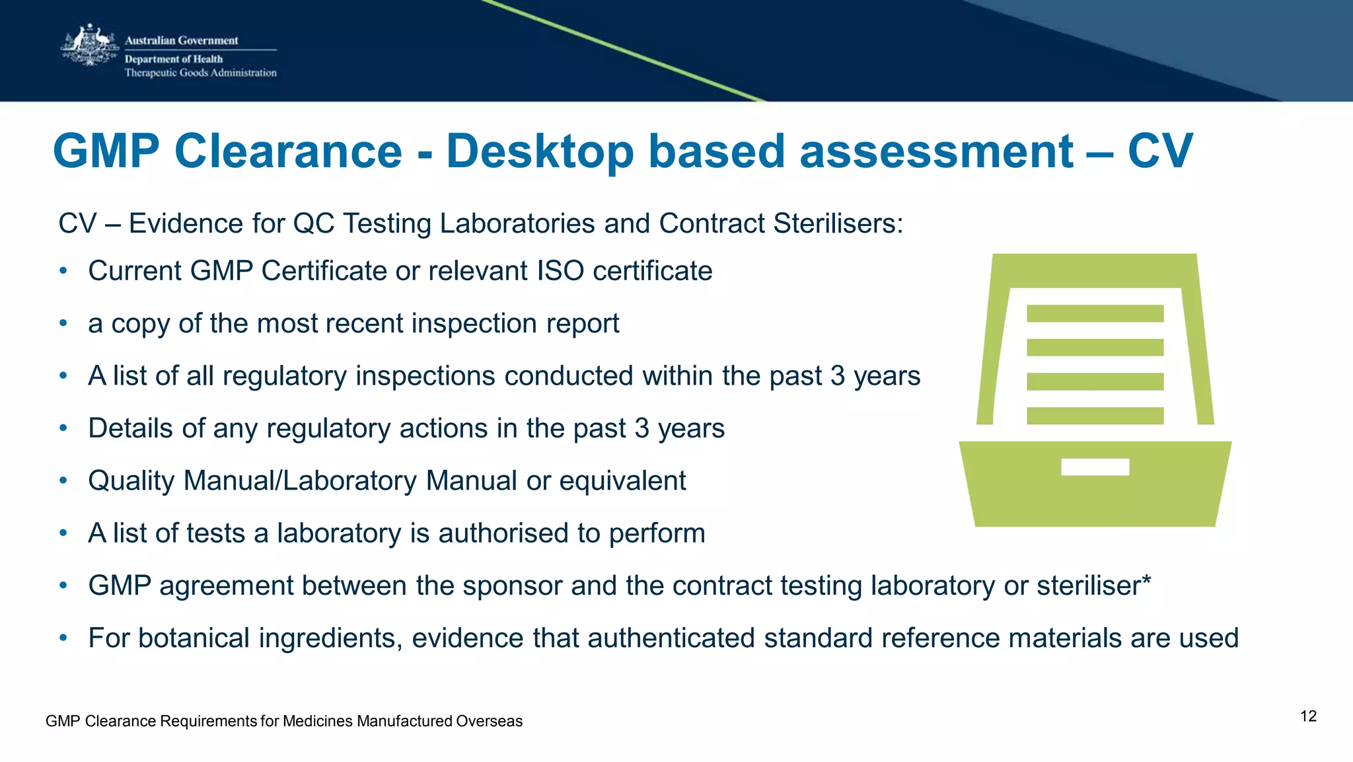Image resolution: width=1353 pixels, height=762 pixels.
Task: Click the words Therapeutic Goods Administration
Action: point(200,73)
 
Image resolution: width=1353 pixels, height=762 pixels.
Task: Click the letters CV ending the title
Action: point(1159,151)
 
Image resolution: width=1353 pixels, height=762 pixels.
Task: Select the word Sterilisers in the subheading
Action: point(838,223)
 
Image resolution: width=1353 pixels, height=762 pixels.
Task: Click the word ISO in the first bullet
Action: point(560,271)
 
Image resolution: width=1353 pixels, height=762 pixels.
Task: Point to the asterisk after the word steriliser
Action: point(1146,581)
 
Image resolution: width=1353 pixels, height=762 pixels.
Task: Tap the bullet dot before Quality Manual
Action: point(63,481)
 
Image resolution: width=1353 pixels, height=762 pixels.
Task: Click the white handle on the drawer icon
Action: point(1095,467)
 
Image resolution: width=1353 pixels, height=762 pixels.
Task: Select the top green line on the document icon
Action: point(1095,313)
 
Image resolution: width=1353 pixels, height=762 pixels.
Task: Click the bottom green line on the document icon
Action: point(1095,416)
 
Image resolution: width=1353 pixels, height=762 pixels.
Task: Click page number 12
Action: point(1308,716)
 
